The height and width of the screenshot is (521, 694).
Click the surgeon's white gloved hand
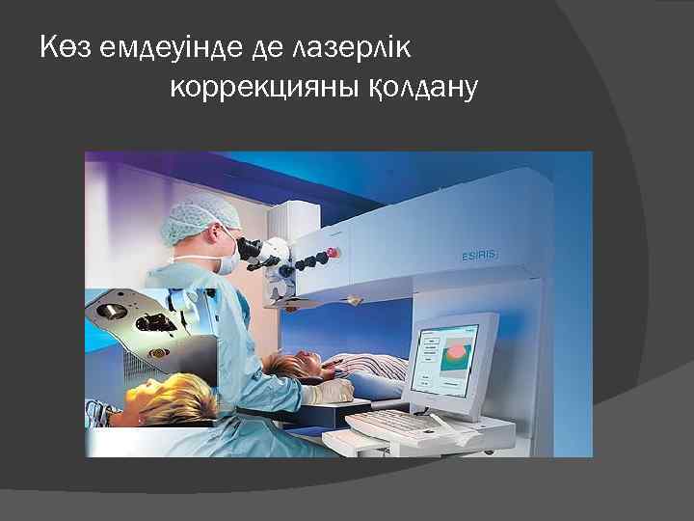[327, 390]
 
